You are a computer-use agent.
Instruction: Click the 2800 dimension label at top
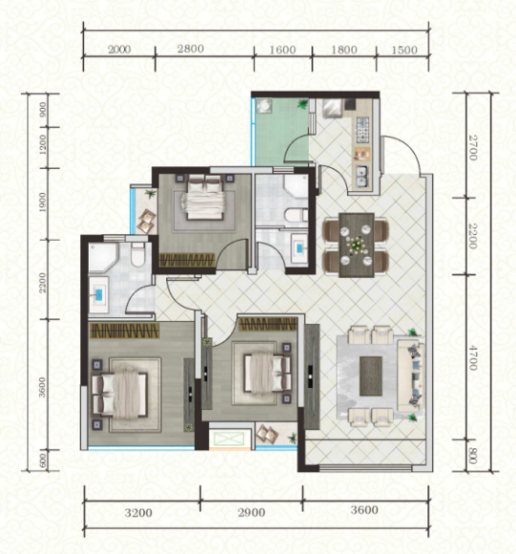click(191, 49)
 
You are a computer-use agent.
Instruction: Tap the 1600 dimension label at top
click(282, 50)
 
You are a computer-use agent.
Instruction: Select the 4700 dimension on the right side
click(473, 357)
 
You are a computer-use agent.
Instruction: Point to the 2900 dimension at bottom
click(252, 512)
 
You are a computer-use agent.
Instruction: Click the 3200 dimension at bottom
click(138, 512)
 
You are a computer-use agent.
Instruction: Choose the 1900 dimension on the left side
click(42, 202)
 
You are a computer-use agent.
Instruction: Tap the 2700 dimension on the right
click(473, 147)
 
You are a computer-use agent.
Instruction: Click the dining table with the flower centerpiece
click(356, 245)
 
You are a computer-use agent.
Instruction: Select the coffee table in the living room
click(371, 376)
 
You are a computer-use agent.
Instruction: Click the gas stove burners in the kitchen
click(363, 130)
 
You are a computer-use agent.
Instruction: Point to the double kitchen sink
click(361, 176)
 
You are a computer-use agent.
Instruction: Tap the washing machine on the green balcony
click(263, 106)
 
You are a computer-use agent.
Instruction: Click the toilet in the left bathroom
click(137, 254)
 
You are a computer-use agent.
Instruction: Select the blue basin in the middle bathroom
click(299, 248)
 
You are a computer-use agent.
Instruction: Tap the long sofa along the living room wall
click(411, 376)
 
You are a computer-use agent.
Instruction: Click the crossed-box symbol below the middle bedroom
click(229, 439)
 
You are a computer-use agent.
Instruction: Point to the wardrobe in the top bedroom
click(187, 260)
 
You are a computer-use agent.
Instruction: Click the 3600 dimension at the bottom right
click(364, 510)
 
